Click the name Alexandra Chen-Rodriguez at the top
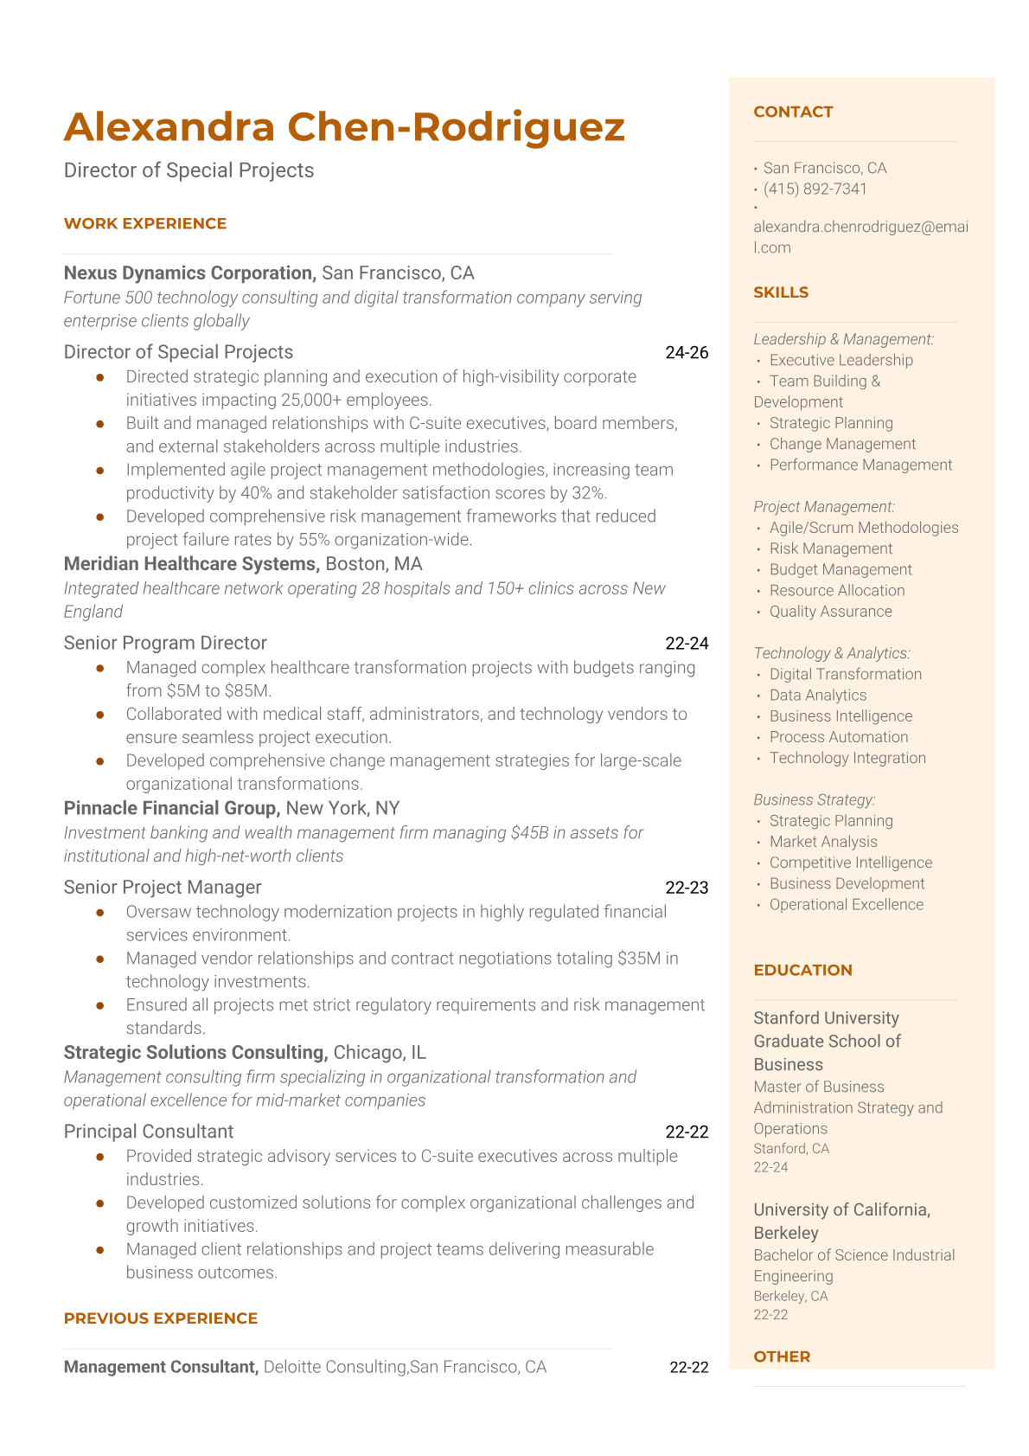point(344,127)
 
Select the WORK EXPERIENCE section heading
point(145,223)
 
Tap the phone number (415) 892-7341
point(815,189)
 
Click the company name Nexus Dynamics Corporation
point(189,273)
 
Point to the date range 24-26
point(687,352)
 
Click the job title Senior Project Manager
point(163,887)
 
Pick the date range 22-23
point(687,887)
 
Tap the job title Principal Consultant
point(149,1132)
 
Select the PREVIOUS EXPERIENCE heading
point(161,1318)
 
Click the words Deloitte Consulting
point(335,1367)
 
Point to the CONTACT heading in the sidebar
point(793,112)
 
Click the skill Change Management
point(842,444)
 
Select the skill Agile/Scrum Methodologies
point(864,528)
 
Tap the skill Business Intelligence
point(840,716)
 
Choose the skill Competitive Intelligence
point(851,863)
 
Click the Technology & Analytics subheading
point(832,653)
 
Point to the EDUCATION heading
point(802,970)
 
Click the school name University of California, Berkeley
point(841,1221)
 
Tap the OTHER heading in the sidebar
point(782,1357)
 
